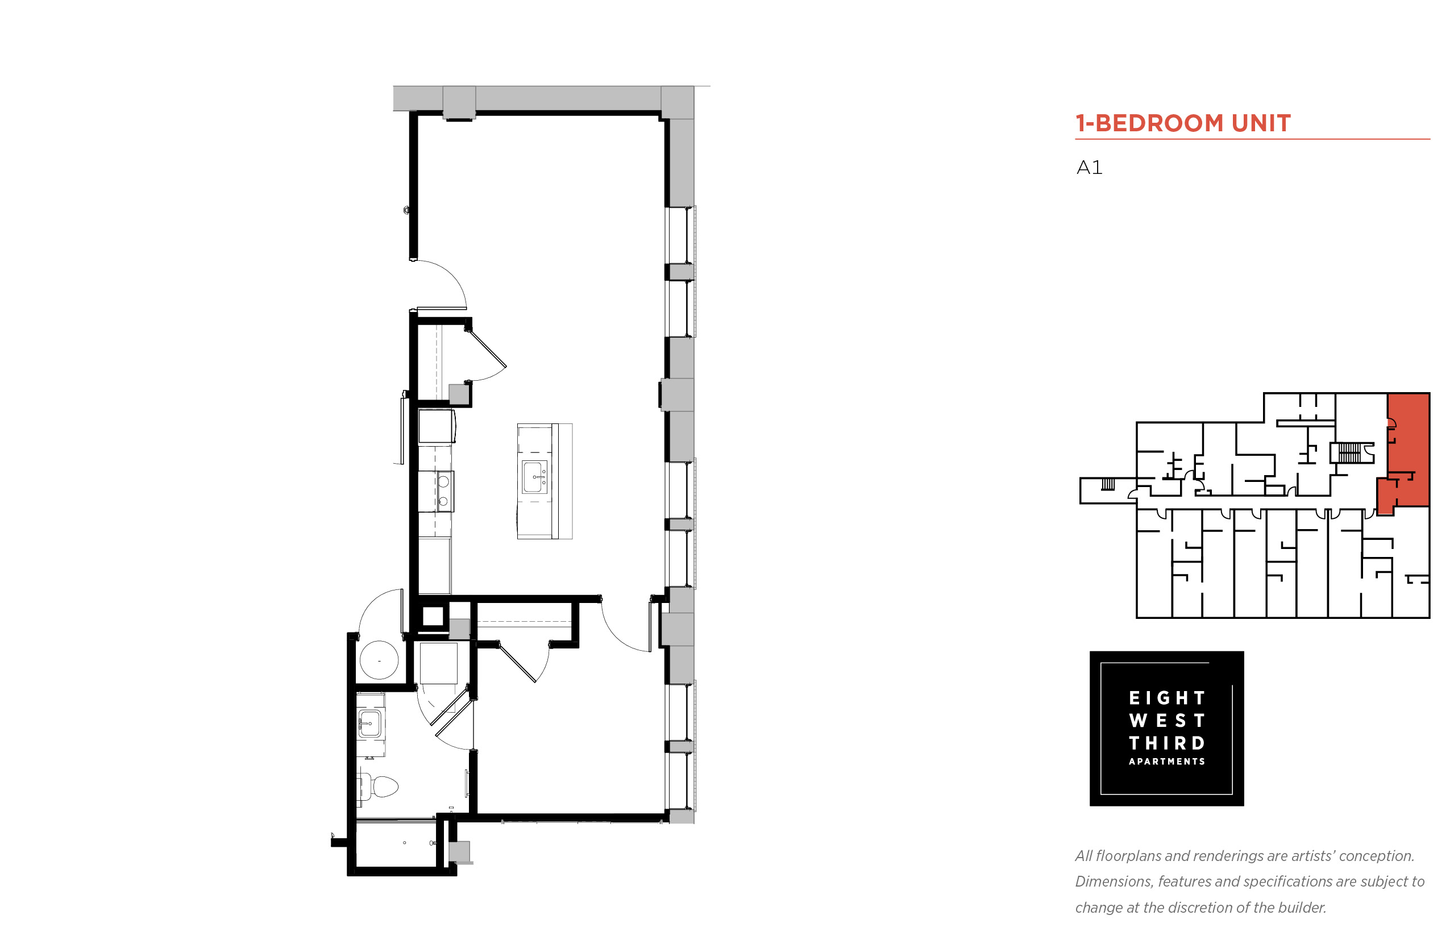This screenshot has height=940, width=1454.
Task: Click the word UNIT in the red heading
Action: tap(1260, 123)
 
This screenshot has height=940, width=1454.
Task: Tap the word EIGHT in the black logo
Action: tap(1166, 698)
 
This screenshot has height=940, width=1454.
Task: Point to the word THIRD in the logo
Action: tap(1166, 743)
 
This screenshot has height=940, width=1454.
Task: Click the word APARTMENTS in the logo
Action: tap(1166, 762)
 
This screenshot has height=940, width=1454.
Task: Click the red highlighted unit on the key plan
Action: tap(1407, 452)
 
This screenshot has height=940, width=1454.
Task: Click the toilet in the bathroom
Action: tap(380, 787)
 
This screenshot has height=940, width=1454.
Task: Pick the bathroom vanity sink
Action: tap(369, 724)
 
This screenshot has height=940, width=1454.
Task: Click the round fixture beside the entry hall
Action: tap(379, 660)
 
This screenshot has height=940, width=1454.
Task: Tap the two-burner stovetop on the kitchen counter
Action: tap(444, 492)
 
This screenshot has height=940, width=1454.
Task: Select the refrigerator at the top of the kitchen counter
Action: tap(437, 426)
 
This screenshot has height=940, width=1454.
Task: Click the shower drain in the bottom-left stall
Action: tap(404, 843)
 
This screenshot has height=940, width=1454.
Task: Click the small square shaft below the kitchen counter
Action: tap(433, 616)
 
